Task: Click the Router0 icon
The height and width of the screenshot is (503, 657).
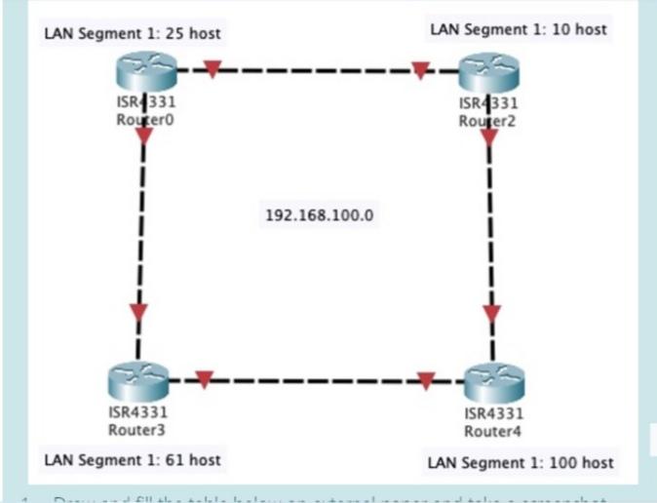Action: pyautogui.click(x=144, y=73)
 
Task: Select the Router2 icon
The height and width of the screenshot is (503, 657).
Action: pyautogui.click(x=488, y=73)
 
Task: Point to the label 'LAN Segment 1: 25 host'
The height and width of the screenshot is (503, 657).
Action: pyautogui.click(x=133, y=34)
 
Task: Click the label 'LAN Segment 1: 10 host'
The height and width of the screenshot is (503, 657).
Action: pyautogui.click(x=518, y=29)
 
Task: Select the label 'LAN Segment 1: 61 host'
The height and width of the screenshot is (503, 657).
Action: pyautogui.click(x=133, y=459)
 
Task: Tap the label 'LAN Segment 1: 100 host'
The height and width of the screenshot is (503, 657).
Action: pyautogui.click(x=522, y=462)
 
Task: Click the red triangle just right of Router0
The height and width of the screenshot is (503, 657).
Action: pyautogui.click(x=212, y=70)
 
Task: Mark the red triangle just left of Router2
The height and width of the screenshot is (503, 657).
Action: pyautogui.click(x=420, y=70)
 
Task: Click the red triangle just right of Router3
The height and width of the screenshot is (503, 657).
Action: pyautogui.click(x=204, y=379)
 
